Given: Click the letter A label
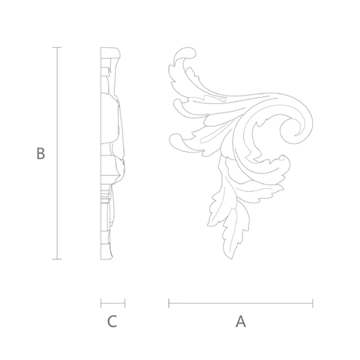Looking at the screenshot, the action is coord(240,321).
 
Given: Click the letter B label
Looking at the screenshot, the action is coord(41,153).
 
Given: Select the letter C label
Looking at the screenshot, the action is coord(112,321).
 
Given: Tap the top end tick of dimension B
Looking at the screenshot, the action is coord(57,47).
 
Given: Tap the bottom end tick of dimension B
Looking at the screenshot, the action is coord(57,259).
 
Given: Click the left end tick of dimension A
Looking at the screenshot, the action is coord(169,303).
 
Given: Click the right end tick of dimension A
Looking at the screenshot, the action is coord(313,303).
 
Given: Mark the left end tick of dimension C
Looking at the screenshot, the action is coord(101,303).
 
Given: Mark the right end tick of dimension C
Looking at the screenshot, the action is coord(125,303).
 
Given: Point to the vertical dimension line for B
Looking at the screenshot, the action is coord(57,153).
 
